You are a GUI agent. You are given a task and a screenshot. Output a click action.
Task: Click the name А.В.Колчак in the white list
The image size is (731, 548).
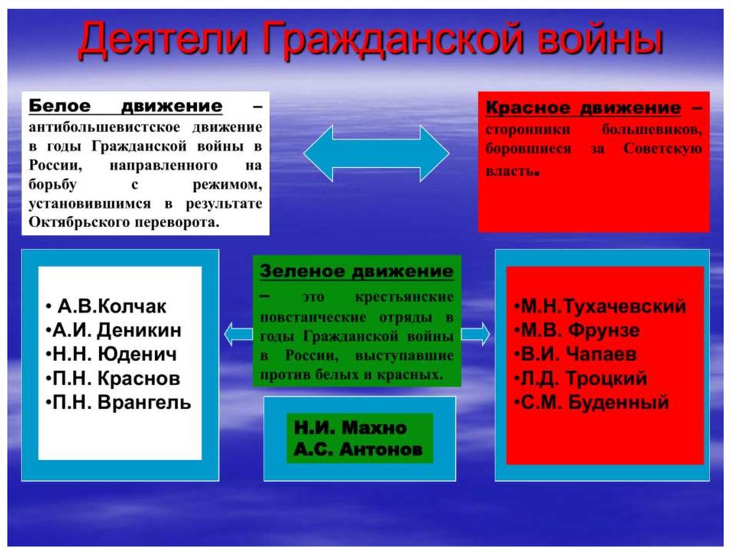click(x=112, y=307)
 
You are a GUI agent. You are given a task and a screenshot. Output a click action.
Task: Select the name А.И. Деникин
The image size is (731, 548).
click(x=116, y=330)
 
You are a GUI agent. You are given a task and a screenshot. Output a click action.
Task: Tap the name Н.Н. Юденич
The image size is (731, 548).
click(x=115, y=354)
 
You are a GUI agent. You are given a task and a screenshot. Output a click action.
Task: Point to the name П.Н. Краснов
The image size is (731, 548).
click(x=116, y=378)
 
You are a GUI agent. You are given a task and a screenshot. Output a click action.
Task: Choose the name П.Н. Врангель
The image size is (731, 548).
click(x=121, y=402)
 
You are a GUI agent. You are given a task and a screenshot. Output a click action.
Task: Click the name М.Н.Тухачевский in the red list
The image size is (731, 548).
click(x=603, y=307)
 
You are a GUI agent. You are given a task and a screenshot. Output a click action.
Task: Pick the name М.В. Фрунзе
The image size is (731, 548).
click(x=580, y=330)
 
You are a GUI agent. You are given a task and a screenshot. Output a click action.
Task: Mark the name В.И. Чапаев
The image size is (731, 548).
click(x=578, y=354)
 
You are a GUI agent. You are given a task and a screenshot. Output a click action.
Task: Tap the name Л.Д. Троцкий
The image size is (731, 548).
click(x=584, y=378)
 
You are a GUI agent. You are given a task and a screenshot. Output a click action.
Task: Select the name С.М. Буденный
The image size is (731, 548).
click(x=595, y=402)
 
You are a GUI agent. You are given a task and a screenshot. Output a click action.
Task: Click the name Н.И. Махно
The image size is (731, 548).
click(x=350, y=427)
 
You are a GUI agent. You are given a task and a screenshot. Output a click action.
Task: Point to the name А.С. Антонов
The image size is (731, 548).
click(x=358, y=449)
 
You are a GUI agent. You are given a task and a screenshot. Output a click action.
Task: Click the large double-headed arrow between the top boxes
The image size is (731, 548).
click(x=376, y=154)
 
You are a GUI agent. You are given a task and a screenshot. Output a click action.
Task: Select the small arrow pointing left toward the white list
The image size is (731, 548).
click(x=238, y=334)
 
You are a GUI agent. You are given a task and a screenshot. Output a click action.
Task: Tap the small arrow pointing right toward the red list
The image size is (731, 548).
click(x=475, y=334)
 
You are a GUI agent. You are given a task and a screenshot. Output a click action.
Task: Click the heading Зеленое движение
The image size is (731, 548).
click(x=357, y=271)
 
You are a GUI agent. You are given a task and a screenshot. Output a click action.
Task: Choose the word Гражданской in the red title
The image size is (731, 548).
click(x=393, y=39)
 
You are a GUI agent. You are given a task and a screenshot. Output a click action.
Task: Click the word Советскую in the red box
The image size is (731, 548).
click(x=662, y=149)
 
